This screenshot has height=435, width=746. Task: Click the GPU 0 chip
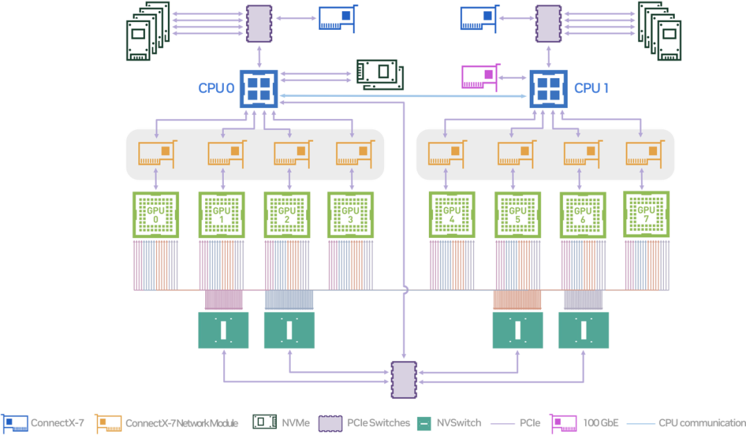155,215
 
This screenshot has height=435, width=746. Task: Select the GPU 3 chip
351,215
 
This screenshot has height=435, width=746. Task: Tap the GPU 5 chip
517,215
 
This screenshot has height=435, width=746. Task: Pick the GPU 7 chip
646,214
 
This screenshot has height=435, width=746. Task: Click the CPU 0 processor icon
259,89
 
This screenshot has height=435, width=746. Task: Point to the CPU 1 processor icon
548,89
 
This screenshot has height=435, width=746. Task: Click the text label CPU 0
216,88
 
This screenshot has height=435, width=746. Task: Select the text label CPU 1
591,88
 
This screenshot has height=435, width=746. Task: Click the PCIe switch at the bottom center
404,380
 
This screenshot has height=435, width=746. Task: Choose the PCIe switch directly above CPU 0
259,24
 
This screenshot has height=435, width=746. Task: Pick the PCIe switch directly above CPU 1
548,24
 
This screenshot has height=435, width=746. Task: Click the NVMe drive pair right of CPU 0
380,75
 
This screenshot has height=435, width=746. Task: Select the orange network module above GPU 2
294,154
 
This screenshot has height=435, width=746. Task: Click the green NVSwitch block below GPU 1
223,330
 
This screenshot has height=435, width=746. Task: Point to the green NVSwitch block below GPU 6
584,330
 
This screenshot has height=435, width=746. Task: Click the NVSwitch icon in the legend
424,423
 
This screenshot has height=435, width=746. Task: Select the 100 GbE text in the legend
601,423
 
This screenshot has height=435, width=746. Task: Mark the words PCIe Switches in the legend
379,423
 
